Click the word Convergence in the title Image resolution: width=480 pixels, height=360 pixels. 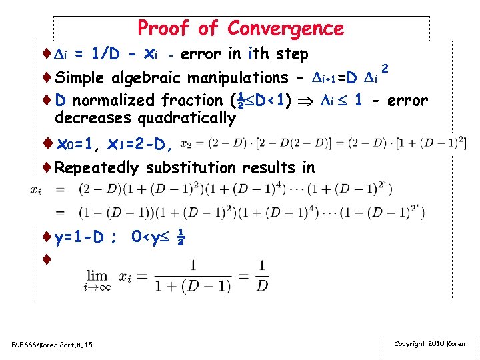[x=285, y=29]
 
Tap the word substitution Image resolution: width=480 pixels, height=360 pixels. [x=197, y=167]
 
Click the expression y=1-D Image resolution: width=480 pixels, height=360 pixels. [x=79, y=237]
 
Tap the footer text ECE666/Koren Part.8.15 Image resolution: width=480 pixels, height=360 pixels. [x=51, y=345]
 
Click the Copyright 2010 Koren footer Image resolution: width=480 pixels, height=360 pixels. [x=429, y=344]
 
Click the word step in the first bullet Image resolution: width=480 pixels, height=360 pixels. [x=291, y=54]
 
